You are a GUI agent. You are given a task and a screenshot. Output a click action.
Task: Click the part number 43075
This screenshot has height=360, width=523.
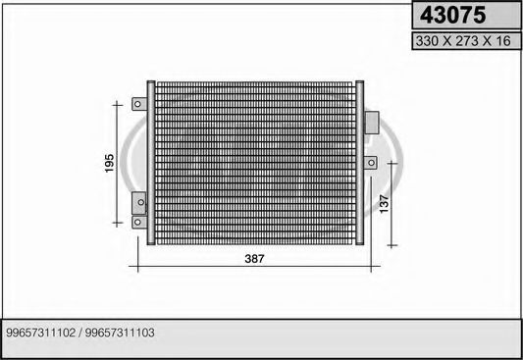click(452, 16)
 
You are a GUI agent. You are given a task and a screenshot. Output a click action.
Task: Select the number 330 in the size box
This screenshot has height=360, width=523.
click(427, 41)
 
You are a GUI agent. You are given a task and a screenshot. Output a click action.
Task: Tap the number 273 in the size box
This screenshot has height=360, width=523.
click(467, 41)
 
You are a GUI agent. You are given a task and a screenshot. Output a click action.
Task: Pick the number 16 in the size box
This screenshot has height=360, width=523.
click(503, 41)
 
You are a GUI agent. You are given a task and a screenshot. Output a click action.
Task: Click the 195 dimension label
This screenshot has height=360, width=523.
click(109, 163)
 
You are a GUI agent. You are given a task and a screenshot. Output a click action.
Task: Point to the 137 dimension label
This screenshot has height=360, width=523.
click(385, 204)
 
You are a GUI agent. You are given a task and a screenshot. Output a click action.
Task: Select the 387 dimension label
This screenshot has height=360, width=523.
click(254, 259)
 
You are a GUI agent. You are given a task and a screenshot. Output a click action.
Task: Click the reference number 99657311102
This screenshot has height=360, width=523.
click(40, 333)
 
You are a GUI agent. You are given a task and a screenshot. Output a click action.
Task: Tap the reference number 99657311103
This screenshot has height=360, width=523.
click(120, 333)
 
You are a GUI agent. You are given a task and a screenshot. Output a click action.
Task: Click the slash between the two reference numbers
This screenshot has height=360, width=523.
click(80, 333)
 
